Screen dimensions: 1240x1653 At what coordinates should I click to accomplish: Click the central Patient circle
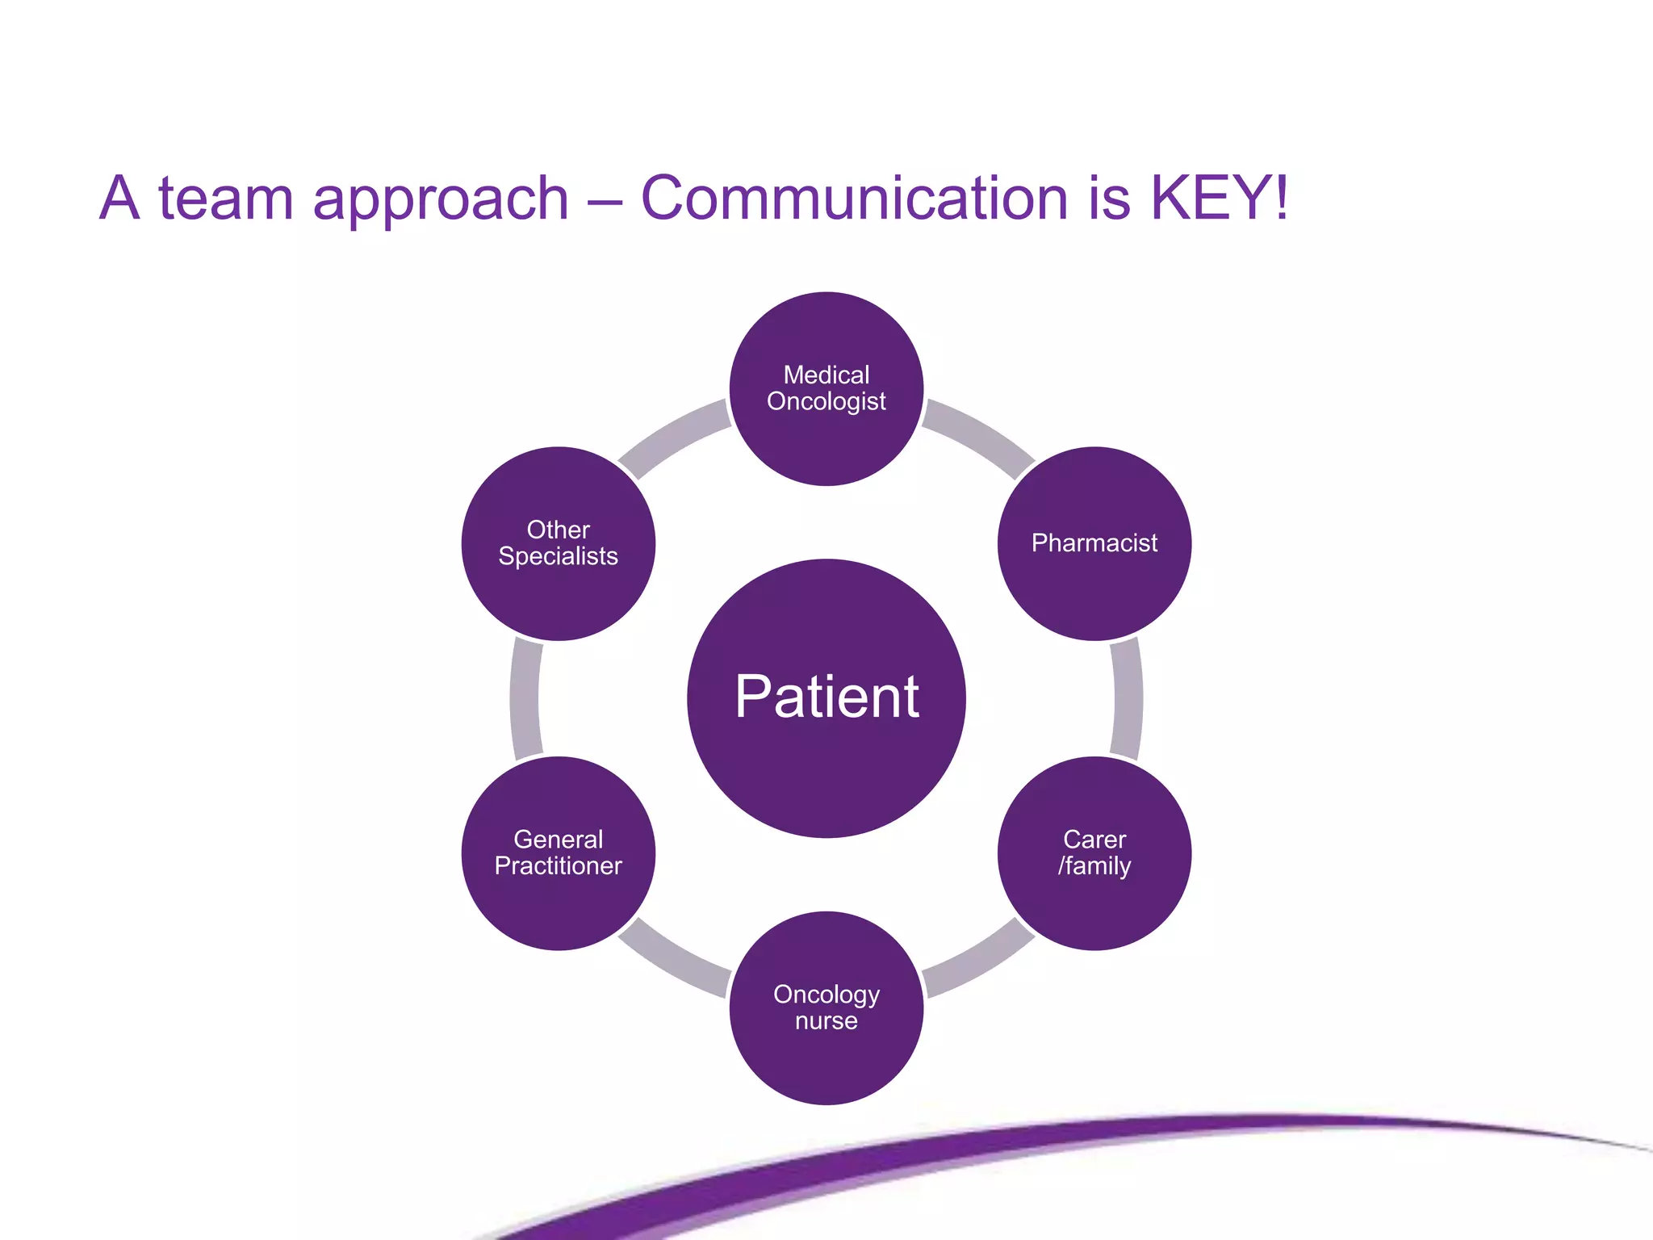tap(826, 698)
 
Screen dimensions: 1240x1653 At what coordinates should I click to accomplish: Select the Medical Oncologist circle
tap(826, 388)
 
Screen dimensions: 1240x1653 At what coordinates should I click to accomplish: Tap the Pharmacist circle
tap(1094, 543)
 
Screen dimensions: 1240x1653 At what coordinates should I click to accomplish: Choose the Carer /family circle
tap(1094, 853)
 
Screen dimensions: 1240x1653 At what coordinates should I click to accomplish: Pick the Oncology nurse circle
tap(826, 1008)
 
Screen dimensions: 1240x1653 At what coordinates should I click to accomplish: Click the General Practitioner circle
tap(558, 853)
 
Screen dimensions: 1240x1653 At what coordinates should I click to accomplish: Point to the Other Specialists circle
tap(558, 543)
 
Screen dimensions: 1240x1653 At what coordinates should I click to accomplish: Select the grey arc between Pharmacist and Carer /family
tap(1128, 698)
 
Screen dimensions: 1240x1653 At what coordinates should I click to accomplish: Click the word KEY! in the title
tap(1219, 198)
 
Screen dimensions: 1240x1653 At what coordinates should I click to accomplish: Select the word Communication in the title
tap(854, 198)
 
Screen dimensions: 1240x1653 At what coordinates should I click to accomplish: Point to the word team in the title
tap(226, 198)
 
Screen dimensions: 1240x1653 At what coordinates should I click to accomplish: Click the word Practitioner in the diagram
tap(558, 866)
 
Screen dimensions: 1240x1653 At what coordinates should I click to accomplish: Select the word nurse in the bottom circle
tap(826, 1021)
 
